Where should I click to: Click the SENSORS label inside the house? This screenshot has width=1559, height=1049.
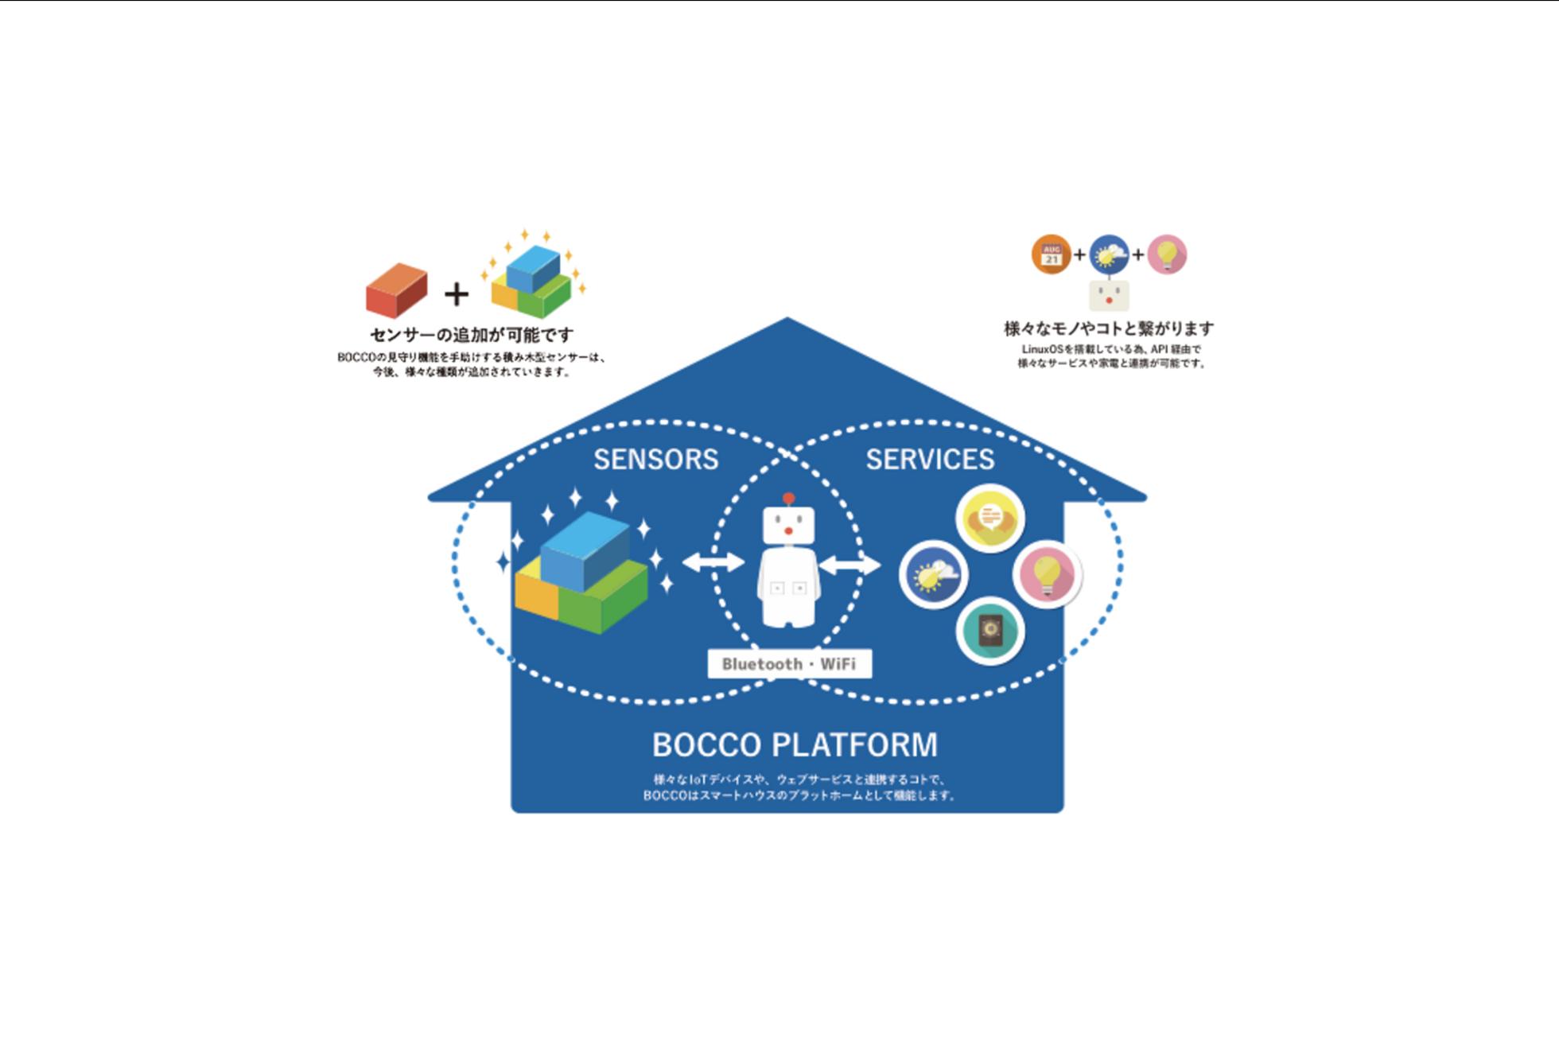point(655,459)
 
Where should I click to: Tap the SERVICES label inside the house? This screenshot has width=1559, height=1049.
point(930,459)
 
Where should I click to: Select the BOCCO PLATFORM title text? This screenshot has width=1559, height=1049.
point(795,745)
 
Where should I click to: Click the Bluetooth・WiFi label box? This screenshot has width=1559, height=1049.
point(789,664)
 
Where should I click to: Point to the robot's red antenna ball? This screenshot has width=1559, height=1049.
point(788,499)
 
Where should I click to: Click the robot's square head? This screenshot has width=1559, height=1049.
point(788,526)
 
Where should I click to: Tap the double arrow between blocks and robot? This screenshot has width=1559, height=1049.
point(713,563)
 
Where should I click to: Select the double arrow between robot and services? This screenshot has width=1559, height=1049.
point(849,565)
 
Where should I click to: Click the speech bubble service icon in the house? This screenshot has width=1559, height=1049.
point(989,519)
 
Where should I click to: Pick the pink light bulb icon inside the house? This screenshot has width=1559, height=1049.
point(1047,573)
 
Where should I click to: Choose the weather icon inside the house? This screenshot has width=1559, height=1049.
point(934,574)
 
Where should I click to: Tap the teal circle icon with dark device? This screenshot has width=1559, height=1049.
point(989,631)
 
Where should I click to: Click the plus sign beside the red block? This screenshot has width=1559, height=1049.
point(456,294)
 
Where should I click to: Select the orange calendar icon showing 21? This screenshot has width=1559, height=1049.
point(1051,254)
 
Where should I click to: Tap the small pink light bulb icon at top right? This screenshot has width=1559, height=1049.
point(1167,254)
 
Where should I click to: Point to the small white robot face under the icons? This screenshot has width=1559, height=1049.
point(1109,296)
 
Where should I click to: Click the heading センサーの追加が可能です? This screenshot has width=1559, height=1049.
point(472,335)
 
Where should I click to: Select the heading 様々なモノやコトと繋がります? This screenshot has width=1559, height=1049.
point(1109,328)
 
